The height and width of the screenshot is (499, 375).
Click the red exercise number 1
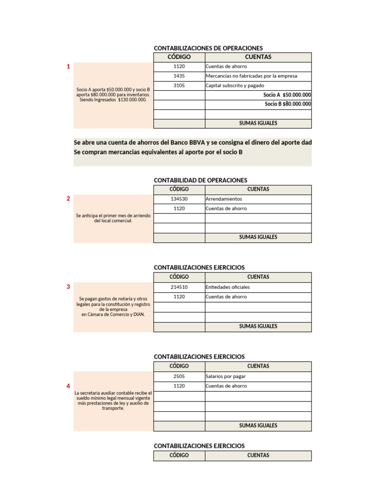[68, 67]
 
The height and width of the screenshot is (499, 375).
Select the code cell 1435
[179, 76]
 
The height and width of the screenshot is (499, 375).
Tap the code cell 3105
[179, 85]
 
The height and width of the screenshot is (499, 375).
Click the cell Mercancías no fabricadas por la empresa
[251, 76]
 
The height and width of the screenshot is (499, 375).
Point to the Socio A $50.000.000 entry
[287, 95]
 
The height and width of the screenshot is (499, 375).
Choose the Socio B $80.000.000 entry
[288, 104]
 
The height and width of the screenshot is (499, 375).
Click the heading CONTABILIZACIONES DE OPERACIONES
[208, 48]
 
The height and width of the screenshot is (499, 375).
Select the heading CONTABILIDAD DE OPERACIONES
[200, 180]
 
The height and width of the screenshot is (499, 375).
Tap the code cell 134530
[179, 199]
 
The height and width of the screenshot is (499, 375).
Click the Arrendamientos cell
[224, 199]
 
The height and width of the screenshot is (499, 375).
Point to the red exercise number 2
[68, 198]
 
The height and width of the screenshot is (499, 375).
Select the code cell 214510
[179, 287]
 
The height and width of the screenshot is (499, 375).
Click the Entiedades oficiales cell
[228, 287]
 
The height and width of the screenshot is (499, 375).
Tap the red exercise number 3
[68, 287]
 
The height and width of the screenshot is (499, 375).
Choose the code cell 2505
[179, 376]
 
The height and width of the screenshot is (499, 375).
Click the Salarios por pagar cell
[226, 376]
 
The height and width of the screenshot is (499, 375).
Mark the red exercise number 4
[68, 386]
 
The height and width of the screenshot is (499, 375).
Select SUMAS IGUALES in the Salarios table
[258, 425]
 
